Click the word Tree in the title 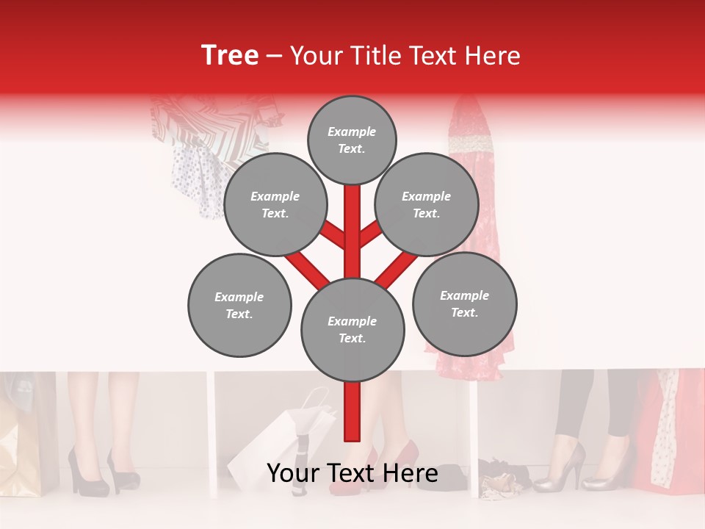(x=230, y=56)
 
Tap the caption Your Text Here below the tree (x=352, y=473)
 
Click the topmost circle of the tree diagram (x=352, y=140)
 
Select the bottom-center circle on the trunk (x=352, y=330)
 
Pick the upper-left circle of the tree (x=275, y=205)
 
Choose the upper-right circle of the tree (x=427, y=205)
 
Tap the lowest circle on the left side (x=239, y=305)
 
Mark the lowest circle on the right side (x=464, y=303)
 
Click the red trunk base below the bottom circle (x=352, y=411)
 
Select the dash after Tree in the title (x=275, y=57)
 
